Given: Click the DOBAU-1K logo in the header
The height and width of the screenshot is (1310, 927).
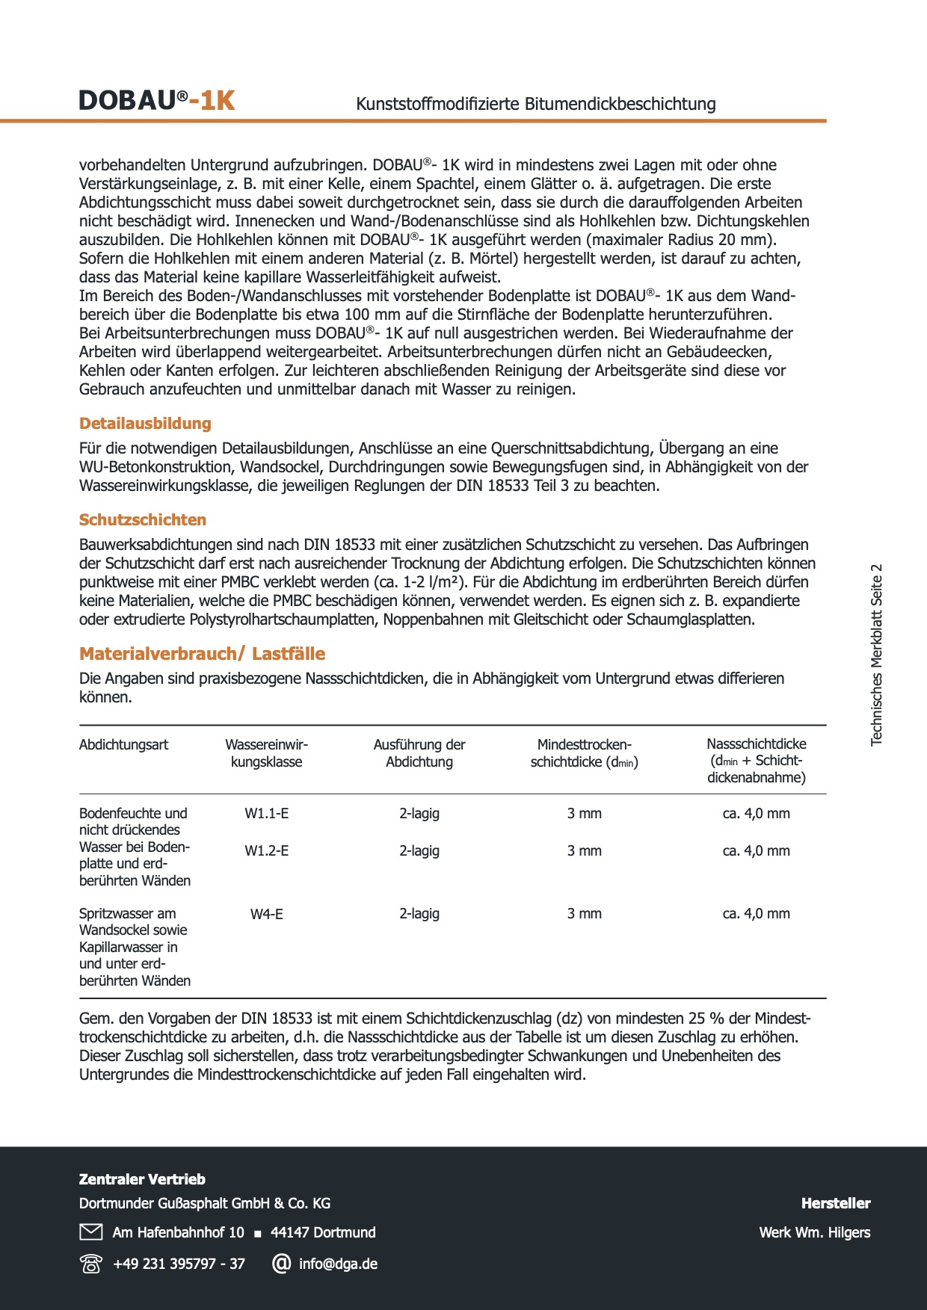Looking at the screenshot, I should (157, 100).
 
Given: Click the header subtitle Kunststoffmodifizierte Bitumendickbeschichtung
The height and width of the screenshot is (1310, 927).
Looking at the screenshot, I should (535, 104).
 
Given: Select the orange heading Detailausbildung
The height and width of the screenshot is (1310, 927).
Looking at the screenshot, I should (145, 424).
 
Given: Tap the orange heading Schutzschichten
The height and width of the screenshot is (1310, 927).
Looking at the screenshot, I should (143, 520).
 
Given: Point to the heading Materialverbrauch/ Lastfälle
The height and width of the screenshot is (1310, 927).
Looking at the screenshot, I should (202, 654).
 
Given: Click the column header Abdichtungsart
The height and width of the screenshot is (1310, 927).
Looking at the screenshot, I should (124, 745).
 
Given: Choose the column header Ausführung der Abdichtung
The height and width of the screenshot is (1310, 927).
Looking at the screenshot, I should (419, 753).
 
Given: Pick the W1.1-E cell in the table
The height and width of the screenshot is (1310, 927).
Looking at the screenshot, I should (267, 814).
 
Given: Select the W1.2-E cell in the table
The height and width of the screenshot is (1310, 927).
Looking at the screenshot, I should (267, 851).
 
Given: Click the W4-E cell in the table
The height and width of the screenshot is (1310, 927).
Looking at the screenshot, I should (267, 914).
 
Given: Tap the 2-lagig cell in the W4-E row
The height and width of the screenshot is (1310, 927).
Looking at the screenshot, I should (419, 914).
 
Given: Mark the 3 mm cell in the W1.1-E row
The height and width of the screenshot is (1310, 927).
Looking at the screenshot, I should (584, 814).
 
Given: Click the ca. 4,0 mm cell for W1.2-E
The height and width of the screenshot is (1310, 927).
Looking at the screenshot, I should (756, 851).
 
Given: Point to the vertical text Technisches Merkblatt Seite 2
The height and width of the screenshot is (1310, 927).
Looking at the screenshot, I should (877, 655).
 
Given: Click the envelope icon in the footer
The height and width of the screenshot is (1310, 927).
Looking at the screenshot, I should (90, 1232).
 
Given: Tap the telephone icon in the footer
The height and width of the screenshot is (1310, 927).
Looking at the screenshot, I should (90, 1264).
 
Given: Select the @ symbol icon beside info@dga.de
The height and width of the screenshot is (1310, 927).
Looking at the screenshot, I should (281, 1264).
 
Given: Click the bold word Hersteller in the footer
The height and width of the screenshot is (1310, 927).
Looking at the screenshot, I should (835, 1203).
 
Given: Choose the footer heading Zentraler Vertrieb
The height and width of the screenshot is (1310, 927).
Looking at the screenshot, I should (142, 1179).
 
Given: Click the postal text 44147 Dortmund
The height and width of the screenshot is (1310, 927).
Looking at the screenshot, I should (323, 1232).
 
